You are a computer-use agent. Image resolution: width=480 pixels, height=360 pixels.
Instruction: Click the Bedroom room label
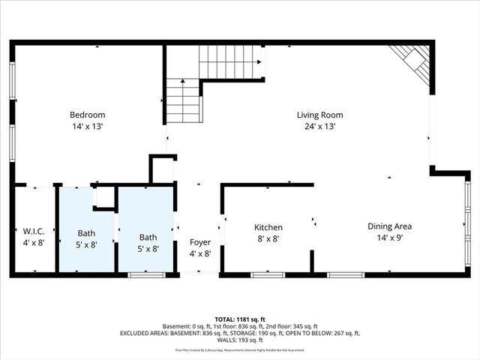86,115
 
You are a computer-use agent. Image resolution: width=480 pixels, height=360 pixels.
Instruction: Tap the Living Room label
319,115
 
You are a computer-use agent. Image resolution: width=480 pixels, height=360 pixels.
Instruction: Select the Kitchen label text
268,227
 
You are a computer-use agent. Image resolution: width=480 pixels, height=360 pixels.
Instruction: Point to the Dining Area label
389,226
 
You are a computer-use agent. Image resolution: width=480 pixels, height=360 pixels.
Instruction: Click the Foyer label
199,242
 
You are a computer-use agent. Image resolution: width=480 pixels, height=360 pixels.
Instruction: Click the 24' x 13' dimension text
319,127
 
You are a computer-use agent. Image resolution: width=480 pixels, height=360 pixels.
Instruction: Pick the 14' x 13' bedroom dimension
86,127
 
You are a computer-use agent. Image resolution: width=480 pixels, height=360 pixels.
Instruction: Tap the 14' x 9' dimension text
389,238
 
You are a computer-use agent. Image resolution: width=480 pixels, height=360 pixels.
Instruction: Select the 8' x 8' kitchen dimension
268,238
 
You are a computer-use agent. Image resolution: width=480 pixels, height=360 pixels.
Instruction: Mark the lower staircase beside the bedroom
183,101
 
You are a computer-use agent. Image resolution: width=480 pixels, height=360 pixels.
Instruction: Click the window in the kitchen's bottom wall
268,275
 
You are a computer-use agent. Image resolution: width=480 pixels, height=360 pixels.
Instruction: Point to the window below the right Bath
146,275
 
